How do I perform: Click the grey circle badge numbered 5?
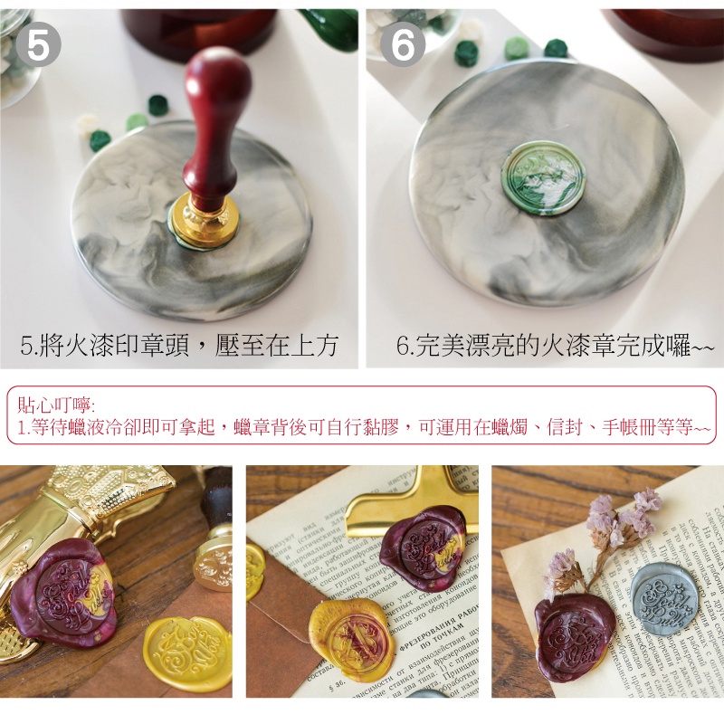pyautogui.click(x=38, y=44)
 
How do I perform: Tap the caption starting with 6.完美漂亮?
pyautogui.click(x=555, y=345)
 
